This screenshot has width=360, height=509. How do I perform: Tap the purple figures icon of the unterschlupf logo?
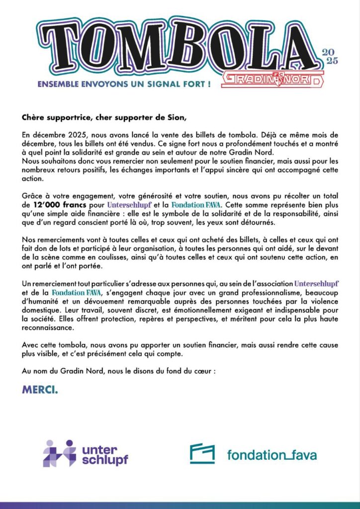click(59, 453)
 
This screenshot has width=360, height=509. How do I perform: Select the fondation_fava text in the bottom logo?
click(271, 454)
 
